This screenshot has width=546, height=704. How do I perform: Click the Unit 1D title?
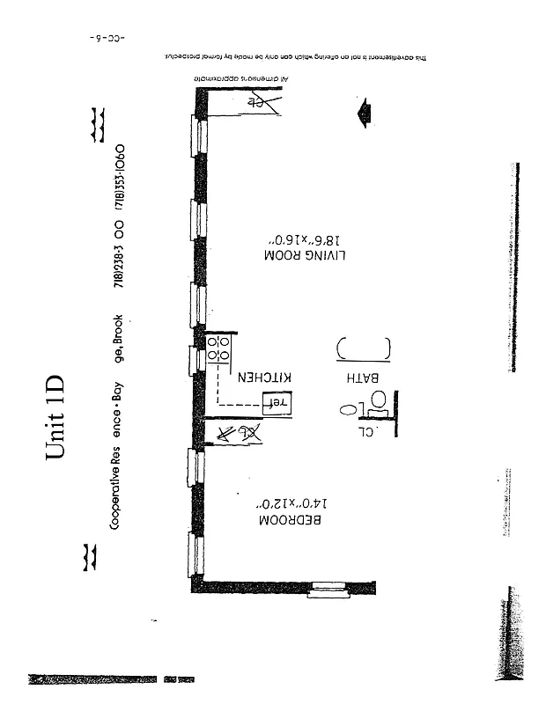(55, 417)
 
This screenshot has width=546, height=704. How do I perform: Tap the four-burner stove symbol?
(218, 348)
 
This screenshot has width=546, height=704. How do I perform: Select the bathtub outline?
(363, 349)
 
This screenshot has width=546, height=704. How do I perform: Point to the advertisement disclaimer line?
(291, 57)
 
